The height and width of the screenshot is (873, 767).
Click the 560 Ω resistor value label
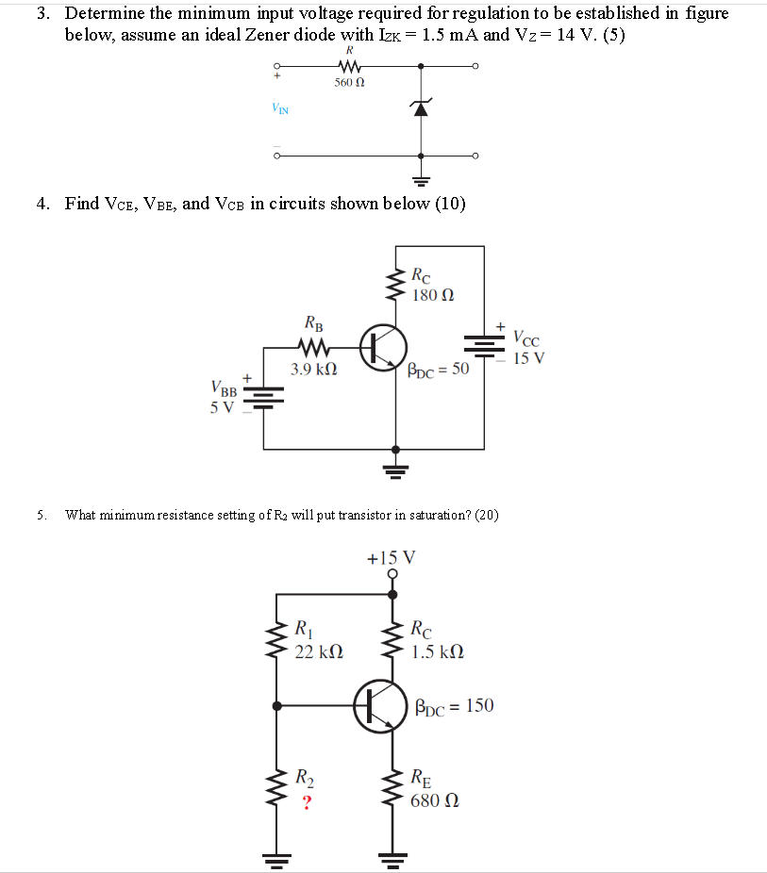[x=349, y=83]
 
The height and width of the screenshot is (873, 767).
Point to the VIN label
[x=280, y=108]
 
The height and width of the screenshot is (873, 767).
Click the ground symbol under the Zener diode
[x=421, y=178]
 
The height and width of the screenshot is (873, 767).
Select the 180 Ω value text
[x=433, y=295]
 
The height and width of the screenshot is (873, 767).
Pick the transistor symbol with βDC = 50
[x=383, y=347]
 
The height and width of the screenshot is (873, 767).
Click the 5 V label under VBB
[x=222, y=407]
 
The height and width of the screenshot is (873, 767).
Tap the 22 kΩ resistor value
[x=319, y=651]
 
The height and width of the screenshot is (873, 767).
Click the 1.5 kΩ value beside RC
[x=438, y=651]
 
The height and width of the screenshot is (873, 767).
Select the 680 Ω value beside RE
[x=436, y=800]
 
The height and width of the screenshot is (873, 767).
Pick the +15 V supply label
[x=390, y=557]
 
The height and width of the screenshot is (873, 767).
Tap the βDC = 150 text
[x=454, y=705]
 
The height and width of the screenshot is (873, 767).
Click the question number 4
[x=43, y=204]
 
